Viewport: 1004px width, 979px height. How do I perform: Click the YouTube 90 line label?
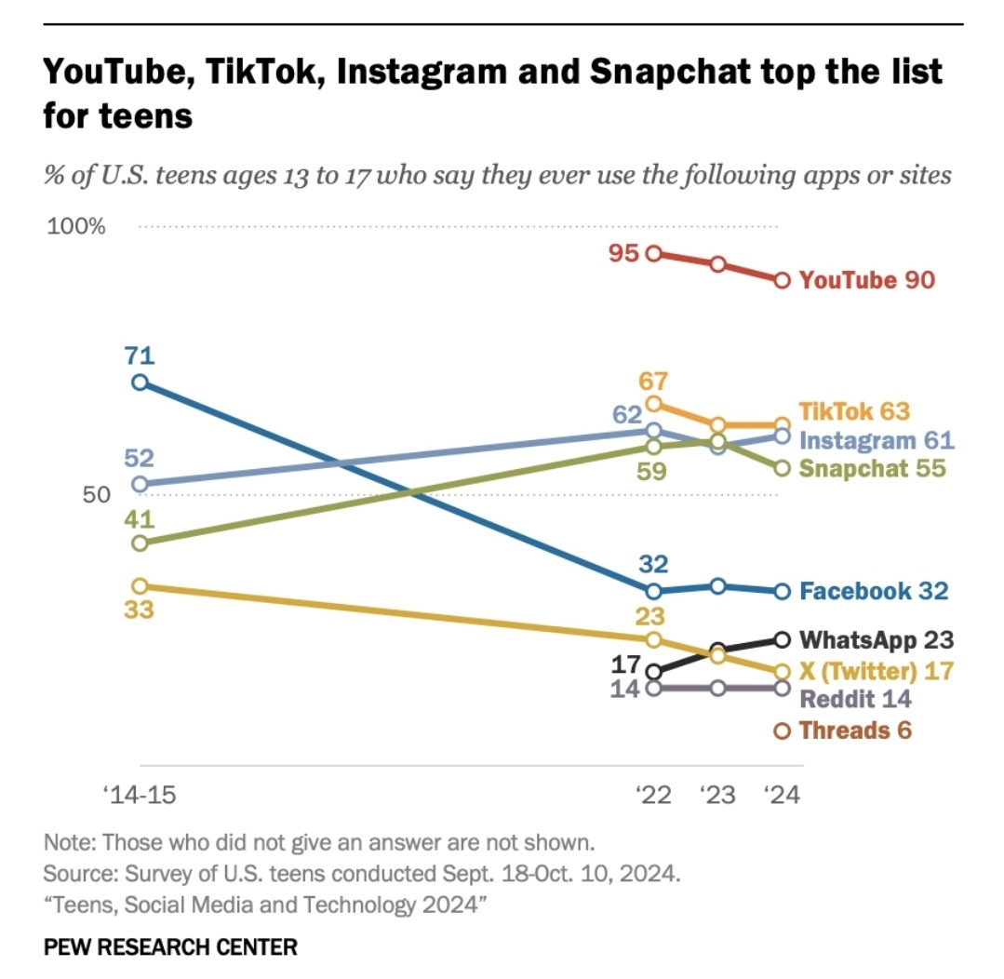866,280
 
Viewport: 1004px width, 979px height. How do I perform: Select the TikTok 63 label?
853,411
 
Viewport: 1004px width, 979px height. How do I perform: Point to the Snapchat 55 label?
872,468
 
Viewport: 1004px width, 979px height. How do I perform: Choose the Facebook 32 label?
874,591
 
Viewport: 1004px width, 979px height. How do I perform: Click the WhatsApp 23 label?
877,640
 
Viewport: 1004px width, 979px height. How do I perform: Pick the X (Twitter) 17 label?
877,670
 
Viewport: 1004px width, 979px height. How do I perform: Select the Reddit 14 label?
855,700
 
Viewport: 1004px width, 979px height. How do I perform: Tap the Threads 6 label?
855,731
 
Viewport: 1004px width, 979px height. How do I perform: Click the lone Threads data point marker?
783,731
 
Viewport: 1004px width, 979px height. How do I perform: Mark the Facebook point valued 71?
140,382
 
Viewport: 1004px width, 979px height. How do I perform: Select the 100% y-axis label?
76,227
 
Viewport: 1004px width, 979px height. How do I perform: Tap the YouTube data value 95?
624,253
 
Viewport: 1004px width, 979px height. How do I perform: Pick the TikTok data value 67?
653,382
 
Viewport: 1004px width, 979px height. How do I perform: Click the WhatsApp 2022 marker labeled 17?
653,671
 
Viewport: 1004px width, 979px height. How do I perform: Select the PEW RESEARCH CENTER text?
170,947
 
